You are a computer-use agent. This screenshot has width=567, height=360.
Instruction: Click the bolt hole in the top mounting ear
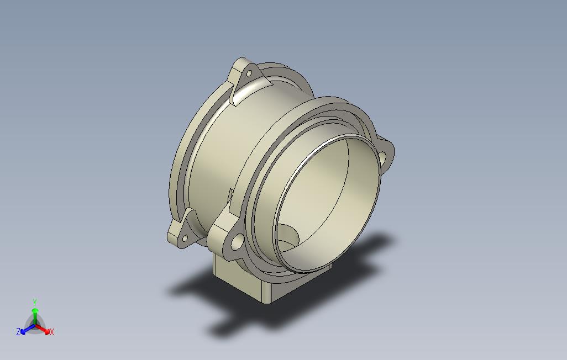pos(249,73)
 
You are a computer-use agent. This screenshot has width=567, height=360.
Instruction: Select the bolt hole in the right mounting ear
pos(383,157)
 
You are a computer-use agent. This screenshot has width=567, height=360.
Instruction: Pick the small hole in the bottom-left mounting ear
pos(183,237)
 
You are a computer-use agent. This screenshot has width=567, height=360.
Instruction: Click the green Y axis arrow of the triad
pos(35,313)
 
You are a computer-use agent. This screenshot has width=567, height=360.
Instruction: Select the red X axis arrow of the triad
pos(45,330)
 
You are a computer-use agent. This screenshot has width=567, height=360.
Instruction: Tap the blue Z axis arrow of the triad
pos(25,331)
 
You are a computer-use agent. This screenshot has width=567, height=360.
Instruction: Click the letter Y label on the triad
pos(35,302)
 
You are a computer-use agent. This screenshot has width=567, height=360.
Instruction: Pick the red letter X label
pos(52,332)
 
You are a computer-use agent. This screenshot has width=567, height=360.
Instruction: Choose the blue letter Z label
pos(18,332)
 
